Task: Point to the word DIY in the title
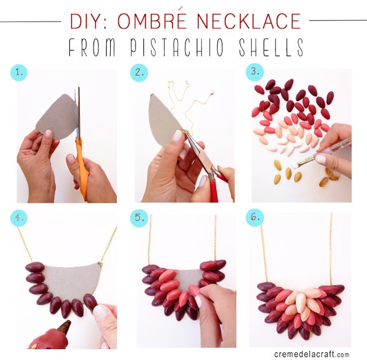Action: (85, 21)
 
